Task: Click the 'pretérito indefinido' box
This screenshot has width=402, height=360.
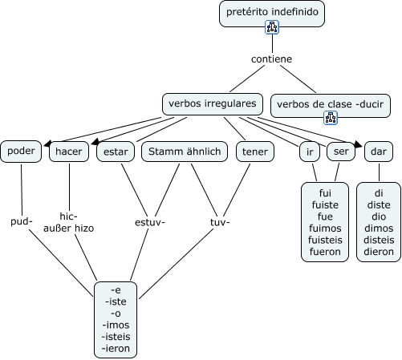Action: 272,14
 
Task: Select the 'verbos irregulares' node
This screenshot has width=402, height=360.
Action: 213,104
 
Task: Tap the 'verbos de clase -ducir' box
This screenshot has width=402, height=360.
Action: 331,106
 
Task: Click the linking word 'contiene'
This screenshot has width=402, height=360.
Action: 271,59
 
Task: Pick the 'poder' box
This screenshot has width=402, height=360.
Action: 21,152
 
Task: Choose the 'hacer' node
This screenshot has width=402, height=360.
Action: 69,152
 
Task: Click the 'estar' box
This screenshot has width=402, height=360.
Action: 116,152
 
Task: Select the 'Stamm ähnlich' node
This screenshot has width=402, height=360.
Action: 185,152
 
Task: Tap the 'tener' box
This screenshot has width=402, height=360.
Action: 255,152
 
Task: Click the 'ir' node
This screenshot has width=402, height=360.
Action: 310,152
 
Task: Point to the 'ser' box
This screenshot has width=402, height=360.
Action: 341,152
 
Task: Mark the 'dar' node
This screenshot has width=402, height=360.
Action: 379,152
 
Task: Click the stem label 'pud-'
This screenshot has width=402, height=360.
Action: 22,221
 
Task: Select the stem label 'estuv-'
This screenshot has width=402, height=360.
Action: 150,222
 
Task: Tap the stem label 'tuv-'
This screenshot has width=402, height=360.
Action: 220,222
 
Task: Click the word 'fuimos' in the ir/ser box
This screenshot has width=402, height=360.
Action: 325,229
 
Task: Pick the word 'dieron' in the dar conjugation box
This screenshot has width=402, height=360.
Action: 379,252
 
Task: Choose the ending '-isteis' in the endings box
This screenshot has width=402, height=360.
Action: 116,337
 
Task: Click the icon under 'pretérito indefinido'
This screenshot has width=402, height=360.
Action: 272,27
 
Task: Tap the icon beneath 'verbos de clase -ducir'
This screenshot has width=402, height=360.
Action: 331,118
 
